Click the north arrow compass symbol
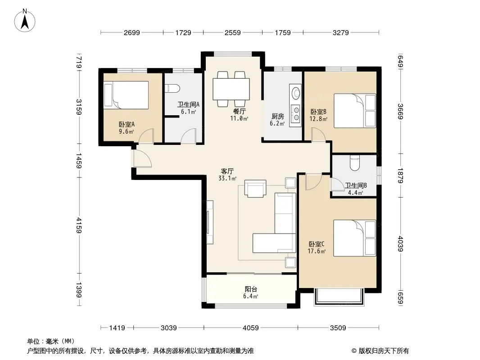[25, 21]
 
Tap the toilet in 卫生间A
[172, 88]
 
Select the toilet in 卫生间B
[355, 163]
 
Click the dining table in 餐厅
[231, 89]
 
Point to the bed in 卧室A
[126, 95]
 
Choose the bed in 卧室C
[354, 238]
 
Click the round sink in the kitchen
[296, 93]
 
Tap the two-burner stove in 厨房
[296, 113]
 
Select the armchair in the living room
[255, 189]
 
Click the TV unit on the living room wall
[210, 222]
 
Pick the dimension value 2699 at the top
[132, 32]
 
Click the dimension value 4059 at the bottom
[251, 328]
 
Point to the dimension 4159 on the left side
[79, 225]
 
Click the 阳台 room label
[251, 289]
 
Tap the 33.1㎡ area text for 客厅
[227, 178]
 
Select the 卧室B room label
[318, 112]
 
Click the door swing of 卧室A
[146, 136]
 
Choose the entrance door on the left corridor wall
[141, 159]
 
